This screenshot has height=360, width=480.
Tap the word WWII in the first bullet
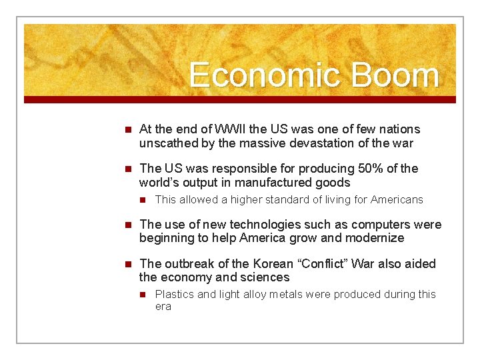pyautogui.click(x=231, y=129)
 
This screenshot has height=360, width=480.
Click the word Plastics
pyautogui.click(x=175, y=295)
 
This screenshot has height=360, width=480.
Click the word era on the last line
pyautogui.click(x=163, y=307)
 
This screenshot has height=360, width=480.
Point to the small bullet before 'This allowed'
pyautogui.click(x=142, y=200)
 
